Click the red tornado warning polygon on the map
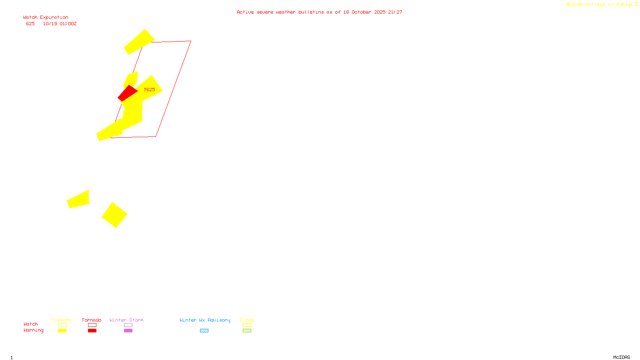127,93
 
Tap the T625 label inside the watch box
149,90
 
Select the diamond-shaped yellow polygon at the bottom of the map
114,215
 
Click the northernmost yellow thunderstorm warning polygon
139,42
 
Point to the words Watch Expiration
46,18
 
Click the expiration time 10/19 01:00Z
60,24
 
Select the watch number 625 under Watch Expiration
30,24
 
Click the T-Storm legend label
62,320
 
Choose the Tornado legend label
92,320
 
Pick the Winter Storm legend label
126,320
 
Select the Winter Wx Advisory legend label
205,320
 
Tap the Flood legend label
247,320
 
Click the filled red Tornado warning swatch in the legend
92,331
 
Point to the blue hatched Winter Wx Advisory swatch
204,331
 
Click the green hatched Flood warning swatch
247,331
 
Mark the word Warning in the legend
33,330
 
